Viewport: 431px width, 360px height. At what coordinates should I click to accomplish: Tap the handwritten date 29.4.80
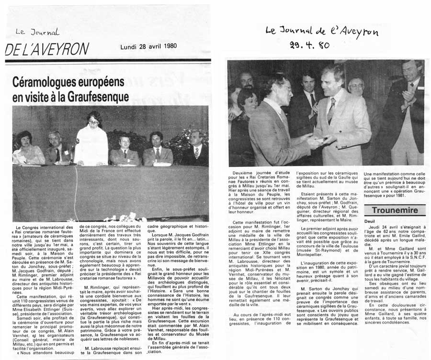click(x=311, y=45)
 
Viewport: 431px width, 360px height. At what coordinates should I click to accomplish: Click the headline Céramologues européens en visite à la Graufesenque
click(x=71, y=89)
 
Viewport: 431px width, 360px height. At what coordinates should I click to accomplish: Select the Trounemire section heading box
click(x=395, y=210)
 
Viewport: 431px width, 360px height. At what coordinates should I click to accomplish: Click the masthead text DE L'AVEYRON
click(x=47, y=49)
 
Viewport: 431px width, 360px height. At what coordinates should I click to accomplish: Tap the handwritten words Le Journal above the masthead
click(x=37, y=32)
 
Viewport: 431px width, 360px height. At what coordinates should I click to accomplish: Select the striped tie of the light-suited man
click(x=331, y=111)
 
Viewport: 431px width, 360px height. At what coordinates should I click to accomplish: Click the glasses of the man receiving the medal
click(x=284, y=88)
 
